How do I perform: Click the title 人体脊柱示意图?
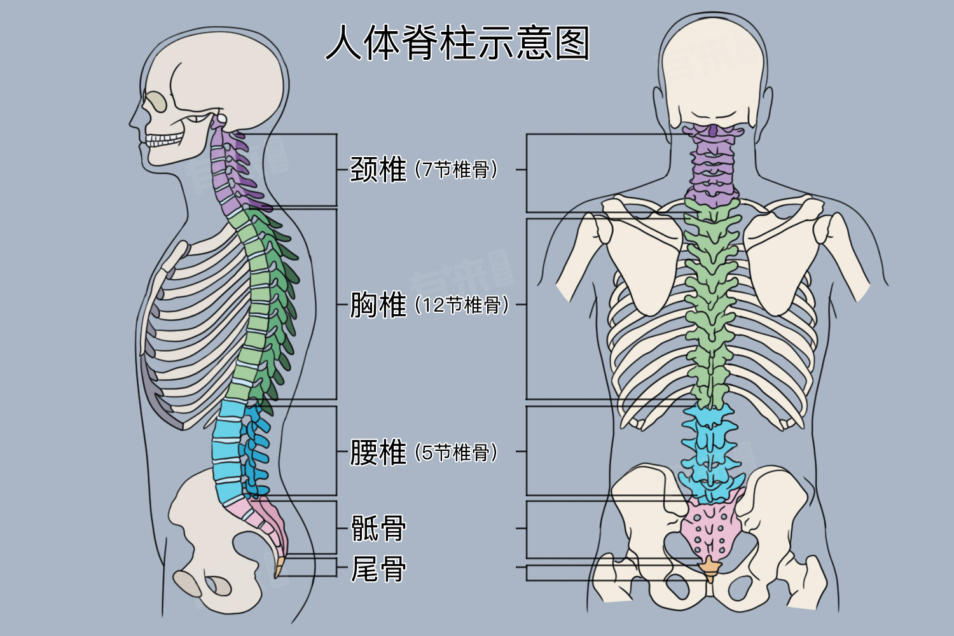(457, 43)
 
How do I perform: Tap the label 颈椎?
(378, 170)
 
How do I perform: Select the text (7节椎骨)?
(456, 170)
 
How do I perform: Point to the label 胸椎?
(378, 305)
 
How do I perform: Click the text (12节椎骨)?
(462, 305)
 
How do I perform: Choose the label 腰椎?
(378, 452)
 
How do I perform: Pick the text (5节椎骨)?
(456, 452)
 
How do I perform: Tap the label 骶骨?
(378, 528)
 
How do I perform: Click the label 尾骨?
(378, 569)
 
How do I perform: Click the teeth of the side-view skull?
(164, 139)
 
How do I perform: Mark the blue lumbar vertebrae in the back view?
(710, 452)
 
